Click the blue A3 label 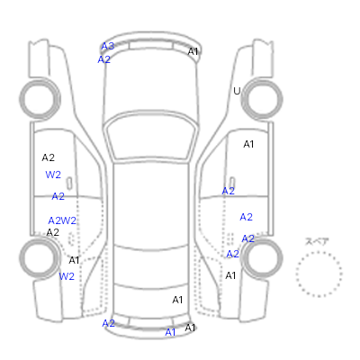(x=108, y=46)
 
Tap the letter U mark (x=237, y=91)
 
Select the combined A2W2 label (x=62, y=220)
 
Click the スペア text (x=317, y=241)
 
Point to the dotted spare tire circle (x=319, y=253)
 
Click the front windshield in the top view (x=151, y=137)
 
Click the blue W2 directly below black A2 (x=53, y=175)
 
